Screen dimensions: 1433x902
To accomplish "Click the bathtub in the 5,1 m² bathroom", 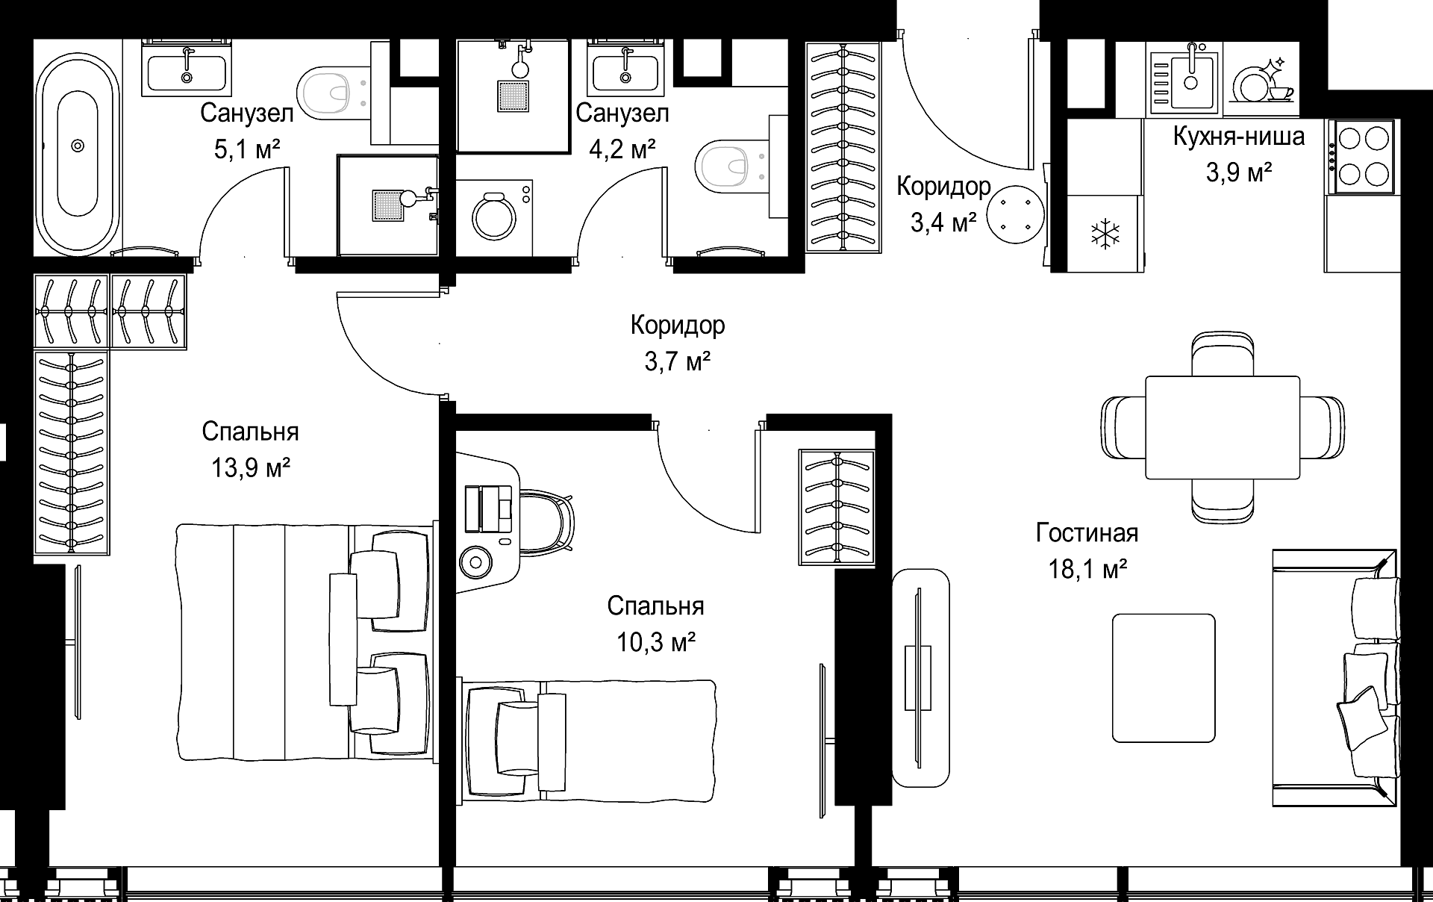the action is tap(78, 145).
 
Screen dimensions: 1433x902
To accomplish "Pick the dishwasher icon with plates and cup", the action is tap(1262, 78).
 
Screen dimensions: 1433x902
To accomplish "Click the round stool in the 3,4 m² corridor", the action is tap(1014, 214).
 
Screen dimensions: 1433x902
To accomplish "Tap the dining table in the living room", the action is tap(1223, 427).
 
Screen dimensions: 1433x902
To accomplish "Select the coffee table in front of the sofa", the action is tap(1163, 678).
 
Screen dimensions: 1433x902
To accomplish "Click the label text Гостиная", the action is tap(1087, 533).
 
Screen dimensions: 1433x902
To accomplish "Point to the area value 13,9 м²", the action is tap(251, 468).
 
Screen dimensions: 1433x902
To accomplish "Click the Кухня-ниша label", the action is tap(1239, 137).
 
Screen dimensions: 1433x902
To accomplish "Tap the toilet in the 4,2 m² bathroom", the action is tap(732, 167).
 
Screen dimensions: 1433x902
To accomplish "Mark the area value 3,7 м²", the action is tap(677, 362).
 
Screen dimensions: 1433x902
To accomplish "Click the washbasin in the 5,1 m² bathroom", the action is tap(187, 70).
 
